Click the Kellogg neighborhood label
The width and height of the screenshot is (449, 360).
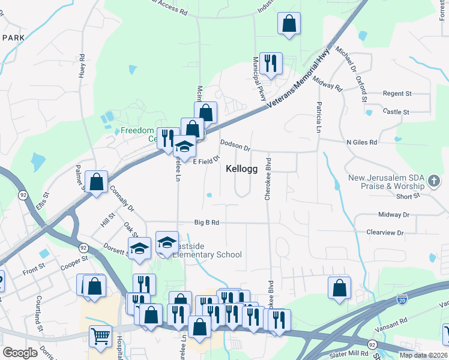pyautogui.click(x=242, y=169)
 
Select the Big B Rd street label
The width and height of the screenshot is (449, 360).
pyautogui.click(x=206, y=222)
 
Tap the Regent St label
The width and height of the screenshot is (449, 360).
pyautogui.click(x=397, y=94)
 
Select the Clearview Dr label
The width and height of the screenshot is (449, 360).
pyautogui.click(x=385, y=232)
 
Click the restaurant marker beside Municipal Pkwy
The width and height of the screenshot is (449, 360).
pyautogui.click(x=271, y=63)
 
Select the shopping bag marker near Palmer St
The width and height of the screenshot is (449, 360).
pyautogui.click(x=96, y=181)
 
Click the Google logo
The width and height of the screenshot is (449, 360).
pyautogui.click(x=20, y=353)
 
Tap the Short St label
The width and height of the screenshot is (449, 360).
pyautogui.click(x=408, y=196)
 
